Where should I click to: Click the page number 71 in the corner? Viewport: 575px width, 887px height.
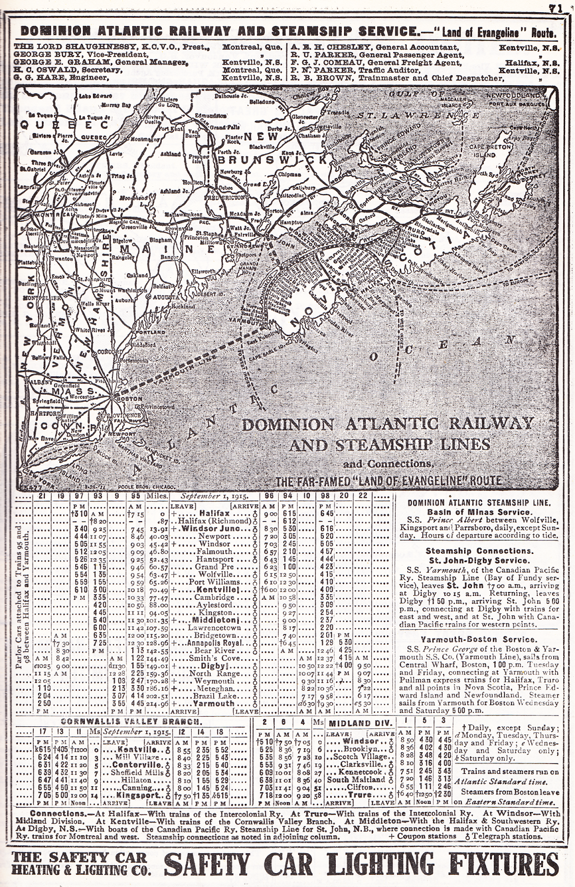[554, 8]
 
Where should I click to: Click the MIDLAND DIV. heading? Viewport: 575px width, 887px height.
[362, 723]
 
